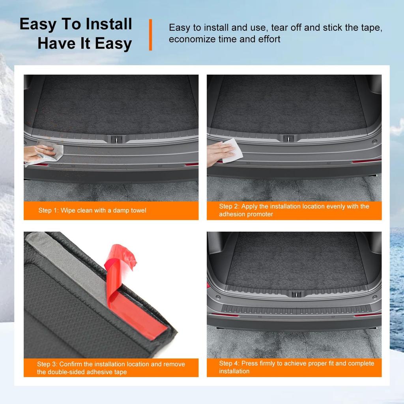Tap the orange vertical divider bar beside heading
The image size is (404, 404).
point(150,35)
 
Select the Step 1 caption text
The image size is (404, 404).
point(92,211)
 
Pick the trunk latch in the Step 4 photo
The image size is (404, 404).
point(296,294)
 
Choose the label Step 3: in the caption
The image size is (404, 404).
point(47,364)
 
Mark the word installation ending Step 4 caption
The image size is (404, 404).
point(234,371)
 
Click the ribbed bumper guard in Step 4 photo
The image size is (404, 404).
point(296,310)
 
